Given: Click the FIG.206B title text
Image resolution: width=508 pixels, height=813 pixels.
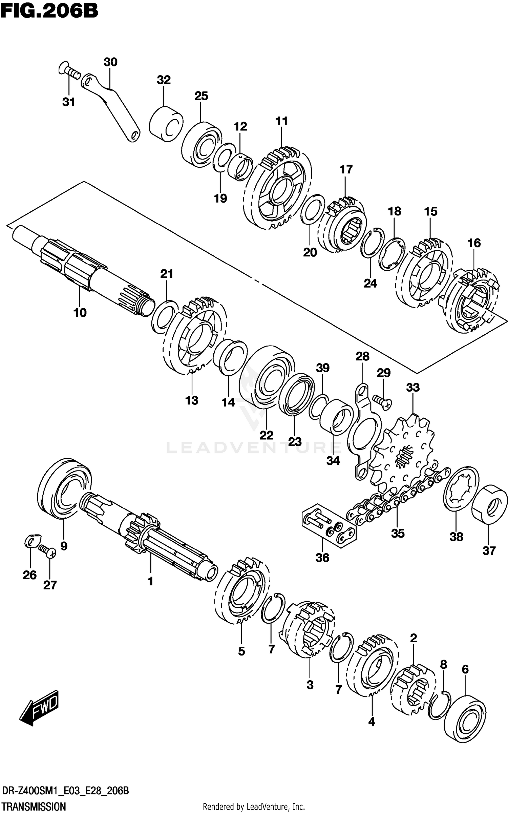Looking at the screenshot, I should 49,11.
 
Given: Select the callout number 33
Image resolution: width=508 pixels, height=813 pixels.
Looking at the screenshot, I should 413,387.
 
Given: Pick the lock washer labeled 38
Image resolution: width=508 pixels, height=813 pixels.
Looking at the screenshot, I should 461,488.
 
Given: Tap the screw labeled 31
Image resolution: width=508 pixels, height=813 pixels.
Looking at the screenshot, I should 69,71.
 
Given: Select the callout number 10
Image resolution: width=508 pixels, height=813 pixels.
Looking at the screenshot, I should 80,312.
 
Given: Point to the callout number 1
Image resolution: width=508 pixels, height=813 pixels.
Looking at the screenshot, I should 150,581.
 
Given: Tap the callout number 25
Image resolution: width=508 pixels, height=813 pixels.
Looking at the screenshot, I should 201,96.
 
